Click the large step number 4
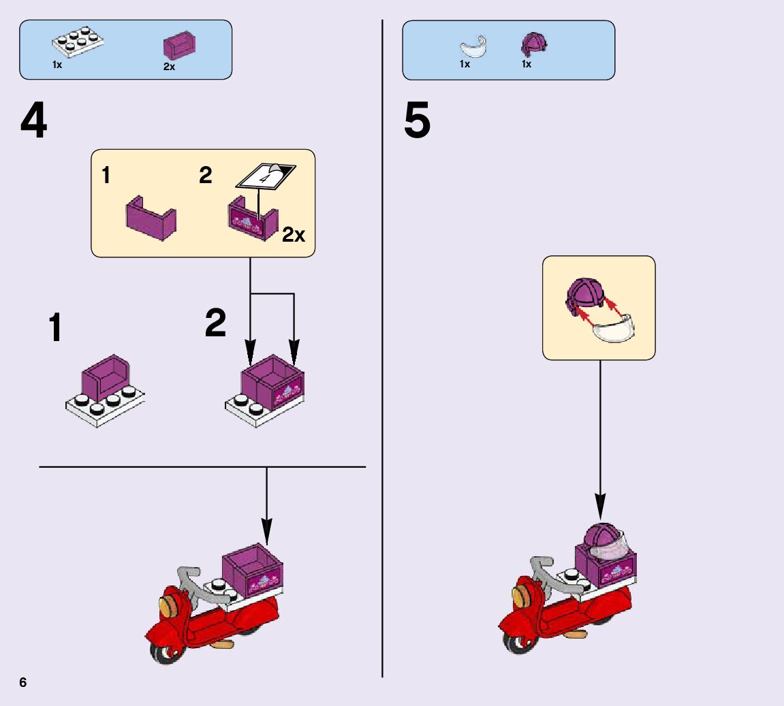[x=34, y=122]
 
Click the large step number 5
[x=417, y=122]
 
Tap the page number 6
[x=23, y=683]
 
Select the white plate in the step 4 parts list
[x=77, y=42]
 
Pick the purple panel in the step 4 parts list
[x=179, y=45]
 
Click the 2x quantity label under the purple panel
[x=169, y=67]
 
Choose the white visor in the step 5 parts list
[x=475, y=48]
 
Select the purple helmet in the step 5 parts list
[x=534, y=45]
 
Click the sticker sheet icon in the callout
[x=266, y=176]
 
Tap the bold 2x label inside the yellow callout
[x=294, y=236]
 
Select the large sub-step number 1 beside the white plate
[x=55, y=328]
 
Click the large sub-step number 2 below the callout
[x=215, y=323]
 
